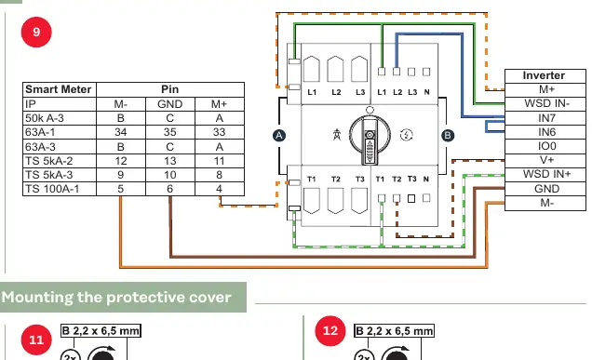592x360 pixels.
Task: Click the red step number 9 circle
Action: [36, 32]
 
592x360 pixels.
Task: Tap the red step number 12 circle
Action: [330, 331]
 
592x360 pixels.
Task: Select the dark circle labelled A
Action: [279, 136]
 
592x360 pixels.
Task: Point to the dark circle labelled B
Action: [448, 136]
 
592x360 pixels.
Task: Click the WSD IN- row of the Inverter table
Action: [545, 103]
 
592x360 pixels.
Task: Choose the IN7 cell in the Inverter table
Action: [545, 118]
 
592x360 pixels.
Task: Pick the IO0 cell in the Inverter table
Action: [545, 146]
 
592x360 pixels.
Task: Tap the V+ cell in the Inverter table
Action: [545, 160]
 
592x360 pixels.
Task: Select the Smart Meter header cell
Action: [60, 89]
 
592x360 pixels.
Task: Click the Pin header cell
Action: [170, 89]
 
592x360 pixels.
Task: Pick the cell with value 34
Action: [121, 132]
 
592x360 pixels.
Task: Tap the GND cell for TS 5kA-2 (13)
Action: [170, 161]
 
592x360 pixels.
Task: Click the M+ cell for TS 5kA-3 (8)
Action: [220, 175]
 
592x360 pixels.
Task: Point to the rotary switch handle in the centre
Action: [370, 141]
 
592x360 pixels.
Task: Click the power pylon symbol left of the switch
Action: [337, 134]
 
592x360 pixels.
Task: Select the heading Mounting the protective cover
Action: [116, 298]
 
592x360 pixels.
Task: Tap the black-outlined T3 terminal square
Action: [411, 198]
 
